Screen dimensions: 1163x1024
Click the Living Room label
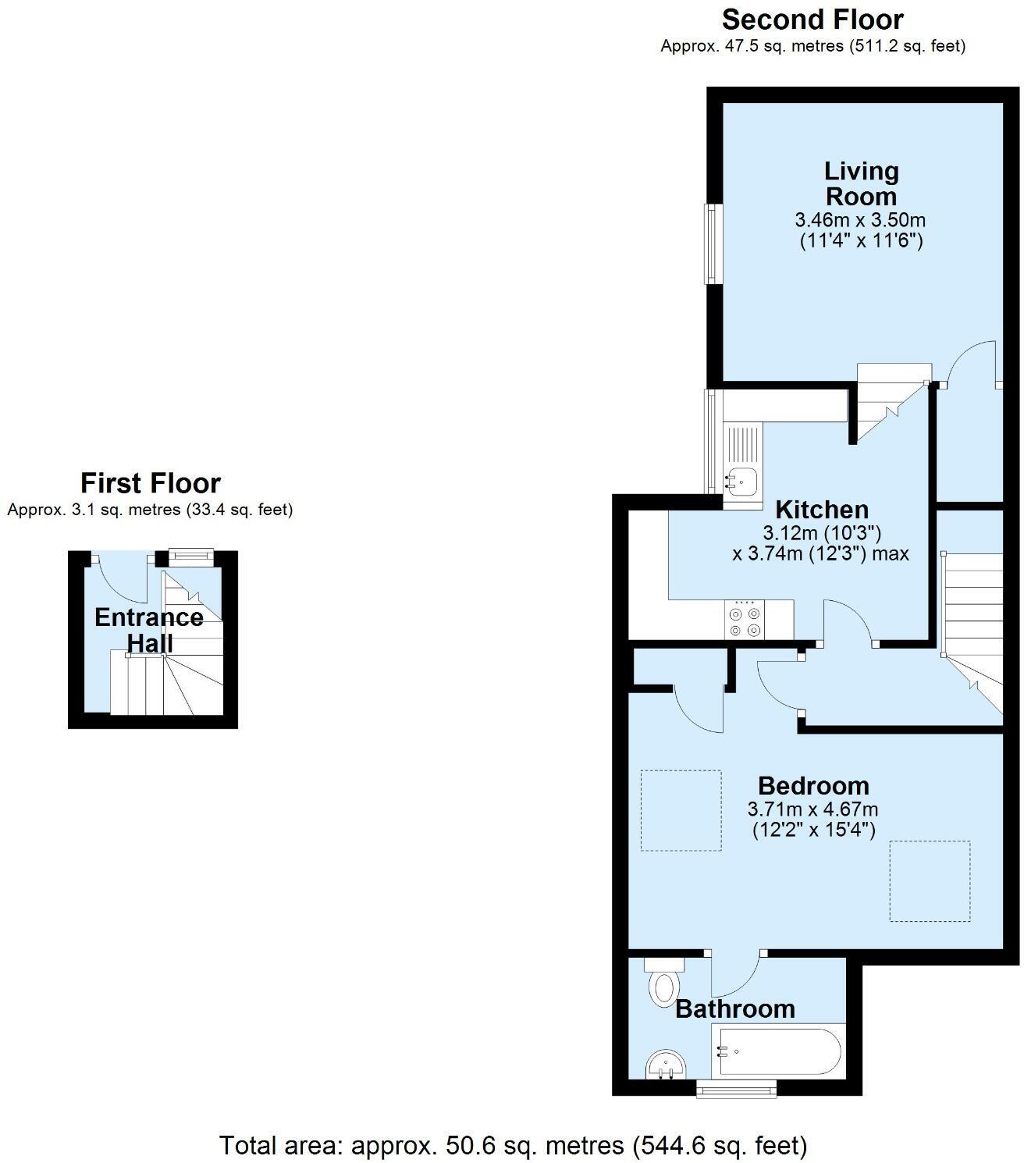tap(861, 183)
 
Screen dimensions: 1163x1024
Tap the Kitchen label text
tap(822, 510)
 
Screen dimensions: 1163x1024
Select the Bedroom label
tap(813, 785)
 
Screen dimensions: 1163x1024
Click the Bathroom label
tap(734, 1008)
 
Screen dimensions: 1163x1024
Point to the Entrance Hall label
tap(149, 630)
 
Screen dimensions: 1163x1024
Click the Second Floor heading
tap(812, 19)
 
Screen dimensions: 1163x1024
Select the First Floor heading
tap(151, 483)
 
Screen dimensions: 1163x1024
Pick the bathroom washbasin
tap(666, 1065)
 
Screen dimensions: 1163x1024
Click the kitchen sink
tap(742, 481)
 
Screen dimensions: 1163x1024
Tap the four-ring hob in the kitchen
tap(745, 620)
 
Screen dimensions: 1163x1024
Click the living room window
tap(711, 244)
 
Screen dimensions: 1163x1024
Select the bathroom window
tap(736, 1088)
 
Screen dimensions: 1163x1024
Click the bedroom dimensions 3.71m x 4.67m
tap(812, 809)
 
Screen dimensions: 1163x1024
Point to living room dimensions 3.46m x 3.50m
tap(860, 219)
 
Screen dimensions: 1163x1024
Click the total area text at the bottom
tap(513, 1145)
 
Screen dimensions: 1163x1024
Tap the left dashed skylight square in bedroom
tap(681, 810)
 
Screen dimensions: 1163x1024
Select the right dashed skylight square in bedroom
tap(930, 880)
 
